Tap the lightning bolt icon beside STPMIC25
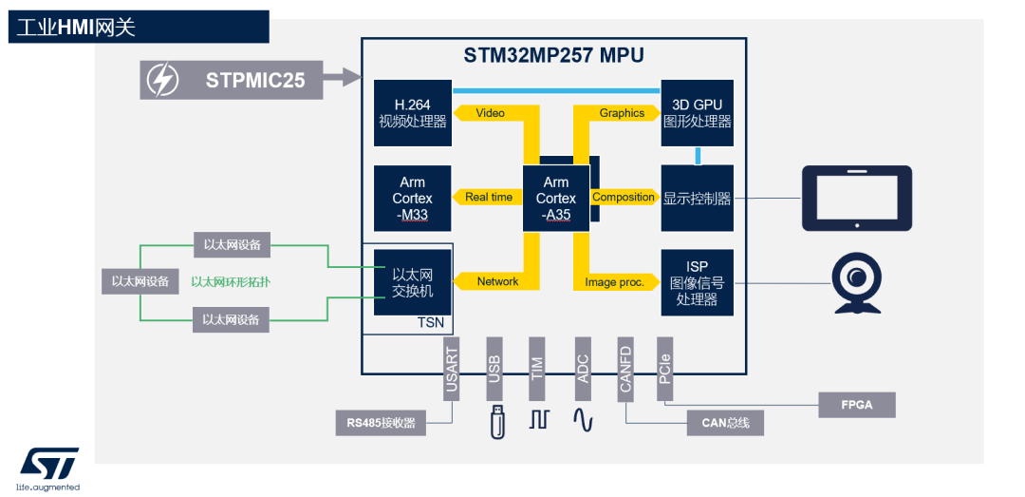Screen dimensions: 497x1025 coord(160,80)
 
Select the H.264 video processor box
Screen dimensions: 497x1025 coord(412,113)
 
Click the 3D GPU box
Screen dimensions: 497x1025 coord(698,113)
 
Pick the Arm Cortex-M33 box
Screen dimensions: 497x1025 coord(412,198)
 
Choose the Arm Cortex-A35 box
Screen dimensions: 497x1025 coord(556,198)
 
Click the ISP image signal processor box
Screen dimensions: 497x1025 coord(698,282)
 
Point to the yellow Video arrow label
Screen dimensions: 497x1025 coord(490,113)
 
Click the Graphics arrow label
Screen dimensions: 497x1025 coord(622,113)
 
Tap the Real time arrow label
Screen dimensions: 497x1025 coord(489,198)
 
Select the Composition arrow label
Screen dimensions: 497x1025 coord(624,198)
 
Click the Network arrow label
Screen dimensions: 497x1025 coord(497,281)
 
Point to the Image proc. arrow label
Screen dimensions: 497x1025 coord(614,282)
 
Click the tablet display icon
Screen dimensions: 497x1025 coord(856,198)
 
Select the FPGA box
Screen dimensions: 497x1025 coord(857,404)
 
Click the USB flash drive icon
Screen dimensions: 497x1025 coord(496,421)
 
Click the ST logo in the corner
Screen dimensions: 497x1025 coord(50,464)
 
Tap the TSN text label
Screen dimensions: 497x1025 coord(430,323)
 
